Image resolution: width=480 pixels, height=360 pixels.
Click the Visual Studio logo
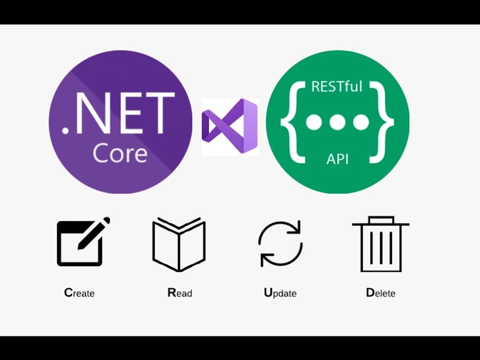[230, 126]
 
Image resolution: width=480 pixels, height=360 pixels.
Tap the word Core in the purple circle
[120, 153]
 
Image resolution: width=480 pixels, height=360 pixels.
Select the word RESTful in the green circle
[337, 86]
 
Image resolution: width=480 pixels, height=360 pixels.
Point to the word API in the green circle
[337, 159]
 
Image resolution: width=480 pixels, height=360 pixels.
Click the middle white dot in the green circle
[337, 122]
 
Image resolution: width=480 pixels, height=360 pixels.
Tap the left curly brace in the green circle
[293, 122]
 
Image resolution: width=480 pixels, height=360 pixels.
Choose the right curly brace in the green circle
[382, 122]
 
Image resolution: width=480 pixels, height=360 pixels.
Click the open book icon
[179, 244]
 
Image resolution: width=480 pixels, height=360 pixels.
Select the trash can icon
[381, 244]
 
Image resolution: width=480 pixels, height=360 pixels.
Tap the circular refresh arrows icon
[280, 243]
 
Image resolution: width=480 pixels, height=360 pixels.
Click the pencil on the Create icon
[94, 233]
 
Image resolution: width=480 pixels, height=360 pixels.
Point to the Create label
[79, 293]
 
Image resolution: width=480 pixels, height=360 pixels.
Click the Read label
[180, 293]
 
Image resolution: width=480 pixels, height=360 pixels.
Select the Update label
[280, 293]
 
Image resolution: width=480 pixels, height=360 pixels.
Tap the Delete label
[381, 293]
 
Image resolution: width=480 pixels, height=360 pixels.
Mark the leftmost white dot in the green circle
[314, 122]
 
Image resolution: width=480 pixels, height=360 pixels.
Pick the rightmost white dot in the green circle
[361, 122]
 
